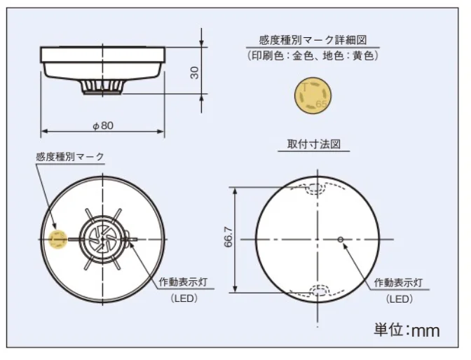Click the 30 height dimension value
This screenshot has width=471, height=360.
195,73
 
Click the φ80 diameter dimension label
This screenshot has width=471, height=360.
103,125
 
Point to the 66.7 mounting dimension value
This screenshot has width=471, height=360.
228,237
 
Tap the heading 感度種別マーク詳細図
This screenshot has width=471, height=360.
313,40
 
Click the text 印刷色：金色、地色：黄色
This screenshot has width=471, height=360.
313,55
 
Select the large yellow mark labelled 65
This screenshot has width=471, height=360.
313,95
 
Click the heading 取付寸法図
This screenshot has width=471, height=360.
314,144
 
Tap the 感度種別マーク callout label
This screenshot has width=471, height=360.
69,157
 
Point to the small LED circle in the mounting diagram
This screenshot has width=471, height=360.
341,240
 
